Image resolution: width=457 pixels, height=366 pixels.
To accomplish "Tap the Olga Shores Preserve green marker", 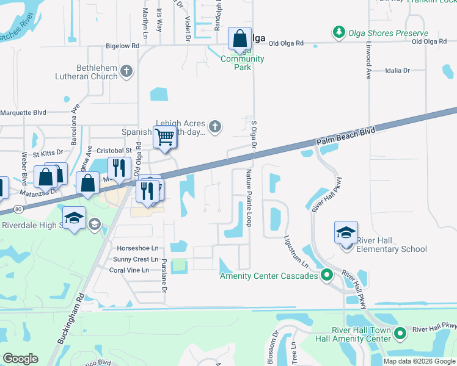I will pos(338,32).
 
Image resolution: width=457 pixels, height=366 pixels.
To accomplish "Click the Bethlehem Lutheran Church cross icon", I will pos(126,71).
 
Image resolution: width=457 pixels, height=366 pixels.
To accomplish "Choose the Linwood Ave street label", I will pos(368,65).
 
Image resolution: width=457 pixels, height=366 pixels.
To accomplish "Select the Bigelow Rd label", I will pos(105,45).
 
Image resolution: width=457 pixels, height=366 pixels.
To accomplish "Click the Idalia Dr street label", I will pos(398,71).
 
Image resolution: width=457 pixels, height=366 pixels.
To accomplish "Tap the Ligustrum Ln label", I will pos(296,253).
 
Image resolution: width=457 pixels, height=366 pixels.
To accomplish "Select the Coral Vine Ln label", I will pos(129,270).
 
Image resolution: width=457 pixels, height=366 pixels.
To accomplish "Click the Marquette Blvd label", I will pos(23,112).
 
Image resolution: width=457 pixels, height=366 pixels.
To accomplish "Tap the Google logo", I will pos(20,358).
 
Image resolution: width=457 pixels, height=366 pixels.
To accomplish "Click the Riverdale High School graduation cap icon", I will pos(74,218).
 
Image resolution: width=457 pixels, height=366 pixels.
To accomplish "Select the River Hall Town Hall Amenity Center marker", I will pos(400,333).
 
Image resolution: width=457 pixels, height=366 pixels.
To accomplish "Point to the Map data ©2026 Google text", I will pos(419,361).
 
